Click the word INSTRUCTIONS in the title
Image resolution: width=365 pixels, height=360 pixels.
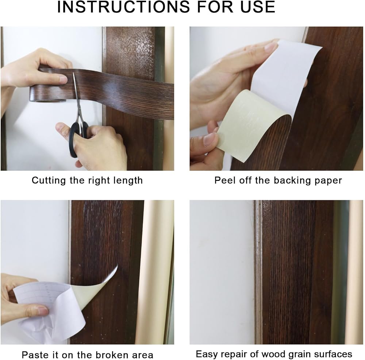tap(123, 7)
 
